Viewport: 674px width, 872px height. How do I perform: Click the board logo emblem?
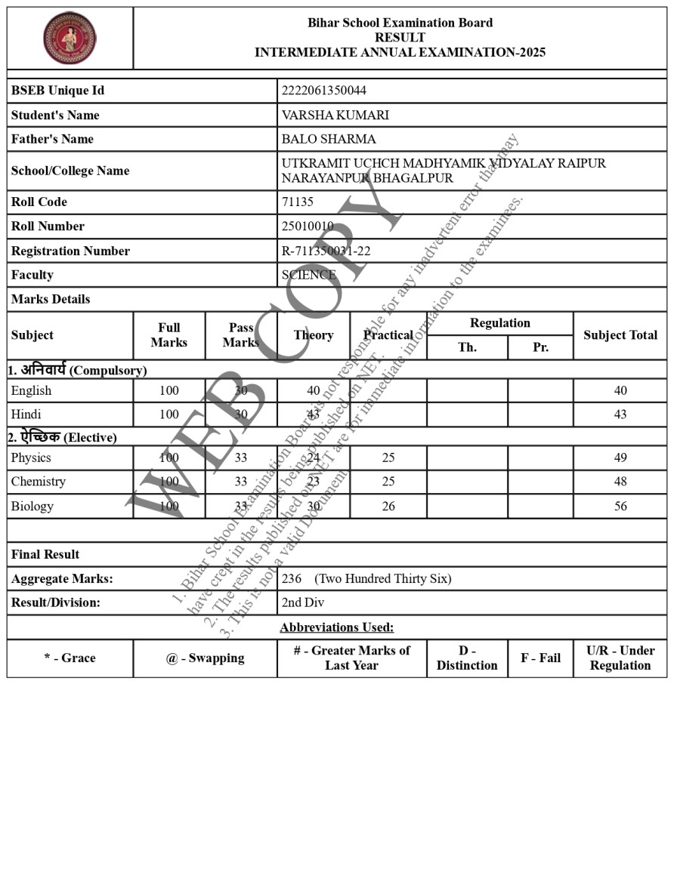coord(70,38)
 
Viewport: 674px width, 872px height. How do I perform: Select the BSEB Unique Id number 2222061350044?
coord(323,91)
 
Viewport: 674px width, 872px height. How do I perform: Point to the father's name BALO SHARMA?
coord(328,139)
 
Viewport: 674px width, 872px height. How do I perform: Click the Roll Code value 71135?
coord(297,202)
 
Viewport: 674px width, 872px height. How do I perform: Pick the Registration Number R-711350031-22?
coord(326,251)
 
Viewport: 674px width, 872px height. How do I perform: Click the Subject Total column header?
coord(620,335)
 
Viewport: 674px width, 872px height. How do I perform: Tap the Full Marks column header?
coord(168,335)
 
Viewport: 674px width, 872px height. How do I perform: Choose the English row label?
coord(31,390)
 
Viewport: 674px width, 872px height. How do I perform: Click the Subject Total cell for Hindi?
coord(620,414)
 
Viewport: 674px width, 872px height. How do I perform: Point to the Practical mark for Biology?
coord(388,506)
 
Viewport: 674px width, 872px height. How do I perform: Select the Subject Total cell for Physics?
coord(620,458)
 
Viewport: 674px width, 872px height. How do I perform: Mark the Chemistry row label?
coord(38,482)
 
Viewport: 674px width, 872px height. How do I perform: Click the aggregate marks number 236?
coord(291,578)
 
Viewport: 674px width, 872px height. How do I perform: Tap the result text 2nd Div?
coord(302,602)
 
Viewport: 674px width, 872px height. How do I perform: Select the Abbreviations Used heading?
coord(336,627)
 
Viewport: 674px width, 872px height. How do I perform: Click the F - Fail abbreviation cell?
coord(540,658)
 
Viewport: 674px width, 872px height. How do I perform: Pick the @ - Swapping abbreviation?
coord(205,658)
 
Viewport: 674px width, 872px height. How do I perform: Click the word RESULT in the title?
coord(400,37)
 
